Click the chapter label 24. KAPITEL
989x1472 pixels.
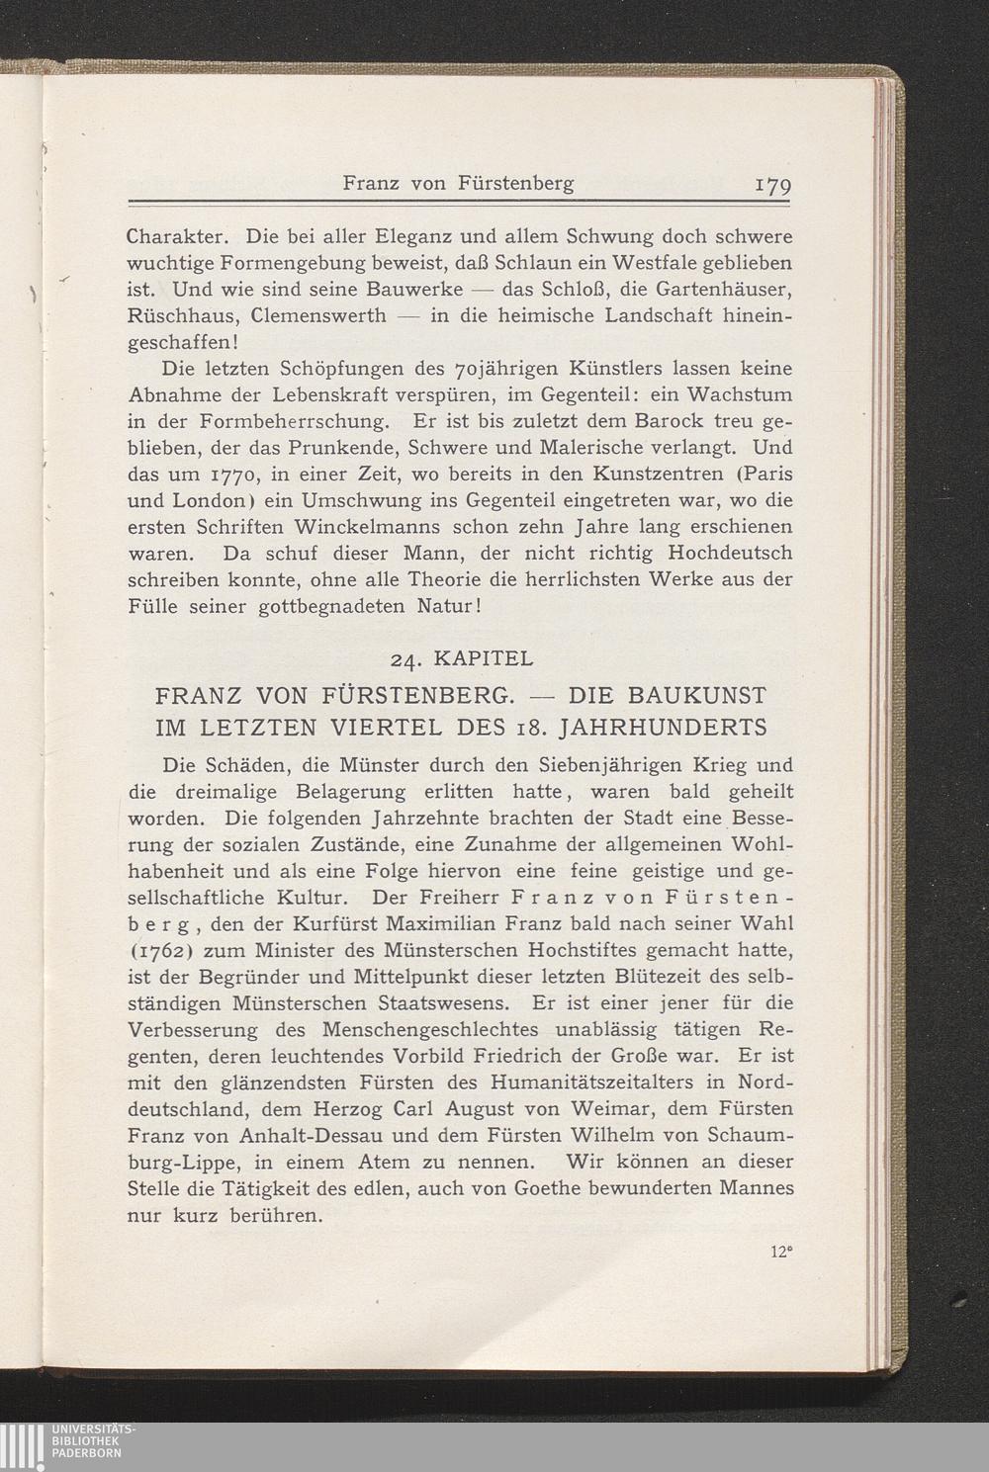tap(462, 657)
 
